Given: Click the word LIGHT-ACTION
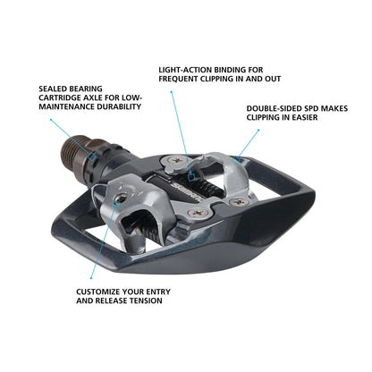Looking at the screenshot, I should [182, 69].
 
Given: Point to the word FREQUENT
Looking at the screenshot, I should [182, 79].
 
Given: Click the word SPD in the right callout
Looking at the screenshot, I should [315, 109].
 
